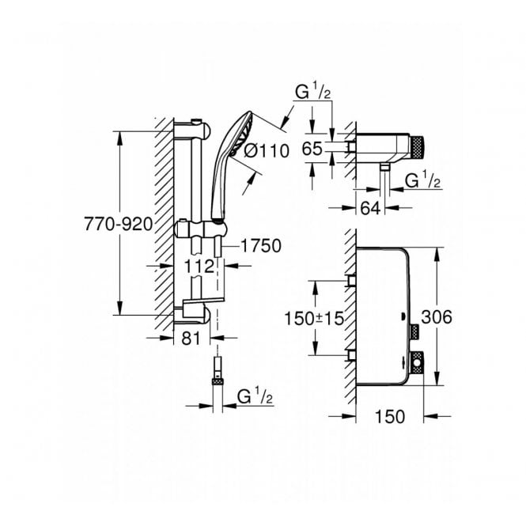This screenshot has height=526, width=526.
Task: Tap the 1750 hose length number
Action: click(x=259, y=246)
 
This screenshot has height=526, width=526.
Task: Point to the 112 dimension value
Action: click(x=199, y=265)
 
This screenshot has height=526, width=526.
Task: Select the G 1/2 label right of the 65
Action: click(x=422, y=181)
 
